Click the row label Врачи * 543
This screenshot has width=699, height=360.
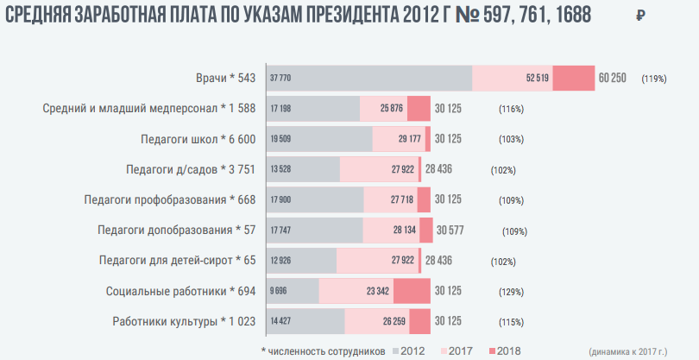[226, 79]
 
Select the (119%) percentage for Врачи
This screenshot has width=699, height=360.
[653, 79]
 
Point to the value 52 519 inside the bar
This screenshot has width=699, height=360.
[537, 79]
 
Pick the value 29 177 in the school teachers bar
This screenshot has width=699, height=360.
[409, 139]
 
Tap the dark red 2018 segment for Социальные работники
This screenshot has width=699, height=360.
[412, 290]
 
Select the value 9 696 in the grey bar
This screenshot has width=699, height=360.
[280, 290]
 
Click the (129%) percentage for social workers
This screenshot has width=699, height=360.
[512, 291]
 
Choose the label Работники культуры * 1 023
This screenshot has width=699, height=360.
[185, 322]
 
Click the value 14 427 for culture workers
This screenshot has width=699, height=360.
[281, 321]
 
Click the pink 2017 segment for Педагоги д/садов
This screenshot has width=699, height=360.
[378, 169]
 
